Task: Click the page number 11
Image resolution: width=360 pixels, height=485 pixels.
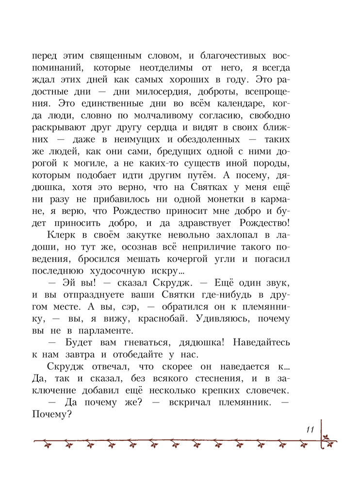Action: click(x=311, y=430)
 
